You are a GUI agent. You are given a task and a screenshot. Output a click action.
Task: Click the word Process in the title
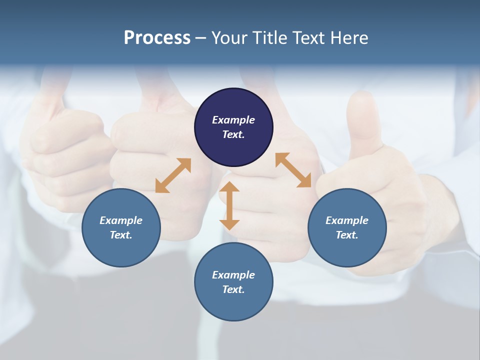[157, 38]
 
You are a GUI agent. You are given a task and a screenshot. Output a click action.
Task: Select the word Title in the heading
[271, 38]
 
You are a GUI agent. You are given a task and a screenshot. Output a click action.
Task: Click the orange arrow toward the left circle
[173, 175]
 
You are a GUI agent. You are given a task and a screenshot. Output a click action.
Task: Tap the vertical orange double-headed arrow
[229, 205]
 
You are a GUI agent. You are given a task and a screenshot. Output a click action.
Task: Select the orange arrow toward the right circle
[293, 170]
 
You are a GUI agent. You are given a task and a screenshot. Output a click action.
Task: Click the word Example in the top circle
[233, 120]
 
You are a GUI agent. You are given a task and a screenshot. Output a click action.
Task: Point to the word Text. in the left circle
[121, 235]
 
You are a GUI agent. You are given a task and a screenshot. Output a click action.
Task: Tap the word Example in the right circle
[347, 220]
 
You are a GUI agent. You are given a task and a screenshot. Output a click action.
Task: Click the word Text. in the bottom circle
[233, 289]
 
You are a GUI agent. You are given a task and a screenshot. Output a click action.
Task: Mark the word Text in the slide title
[309, 38]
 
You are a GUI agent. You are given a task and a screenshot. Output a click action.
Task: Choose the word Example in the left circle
[121, 220]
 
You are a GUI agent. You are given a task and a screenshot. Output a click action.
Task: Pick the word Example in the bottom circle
[233, 275]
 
